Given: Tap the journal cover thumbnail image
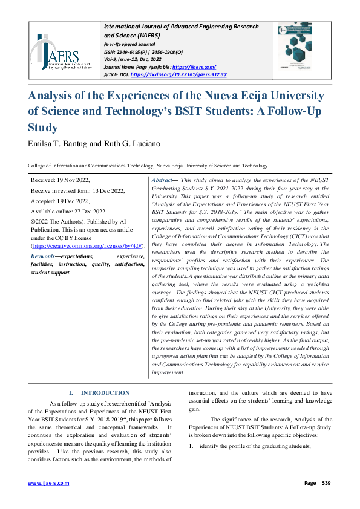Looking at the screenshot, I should [295, 49].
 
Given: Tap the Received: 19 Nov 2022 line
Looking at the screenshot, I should [60, 180].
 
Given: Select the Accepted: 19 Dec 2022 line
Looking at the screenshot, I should [60, 201].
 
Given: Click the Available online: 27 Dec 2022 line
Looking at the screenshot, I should [67, 212].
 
